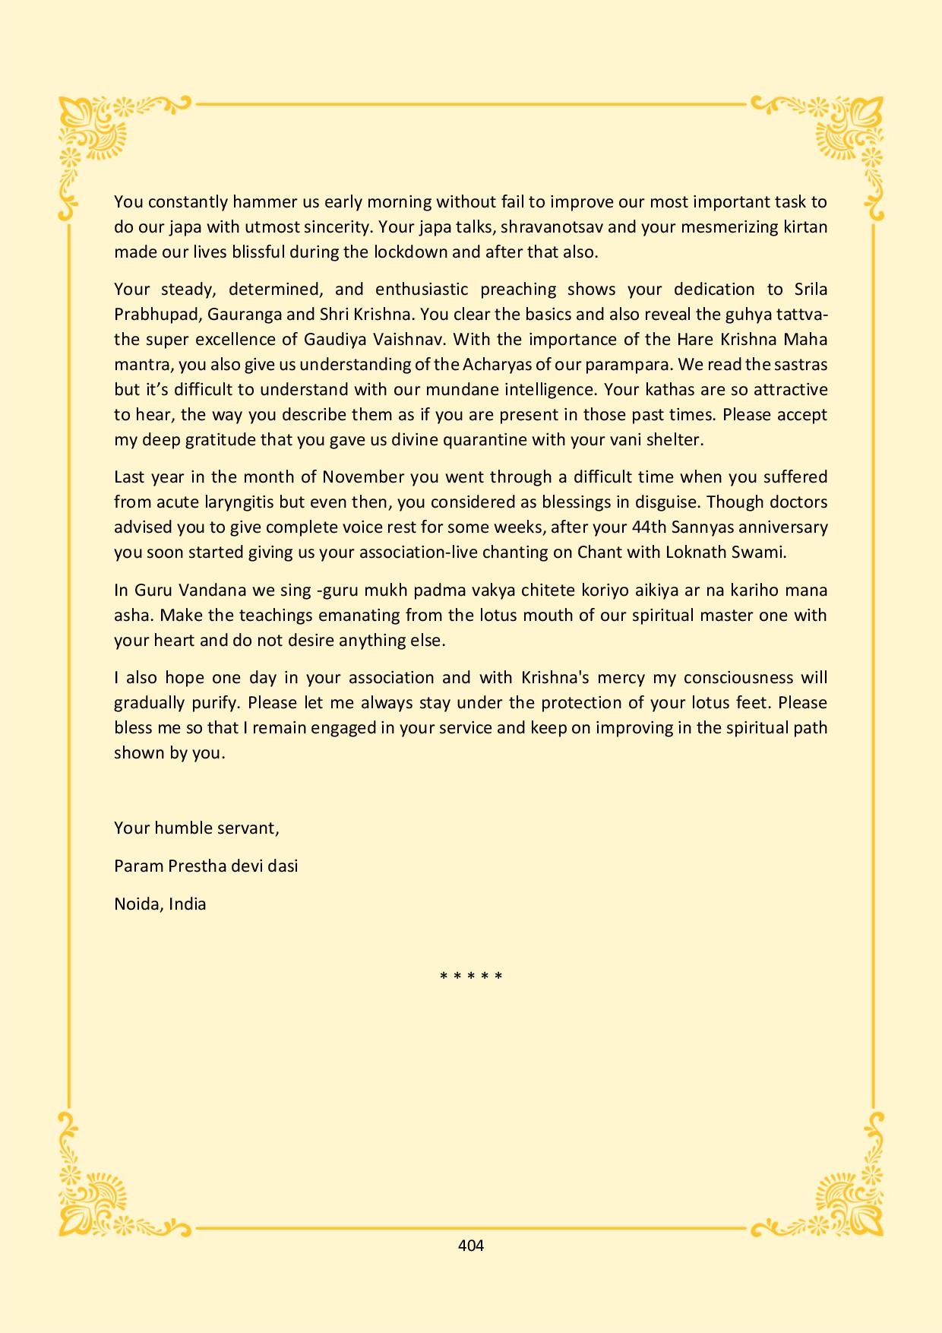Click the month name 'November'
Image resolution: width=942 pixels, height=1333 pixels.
click(x=363, y=477)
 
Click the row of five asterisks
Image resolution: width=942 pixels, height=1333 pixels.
click(x=471, y=976)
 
